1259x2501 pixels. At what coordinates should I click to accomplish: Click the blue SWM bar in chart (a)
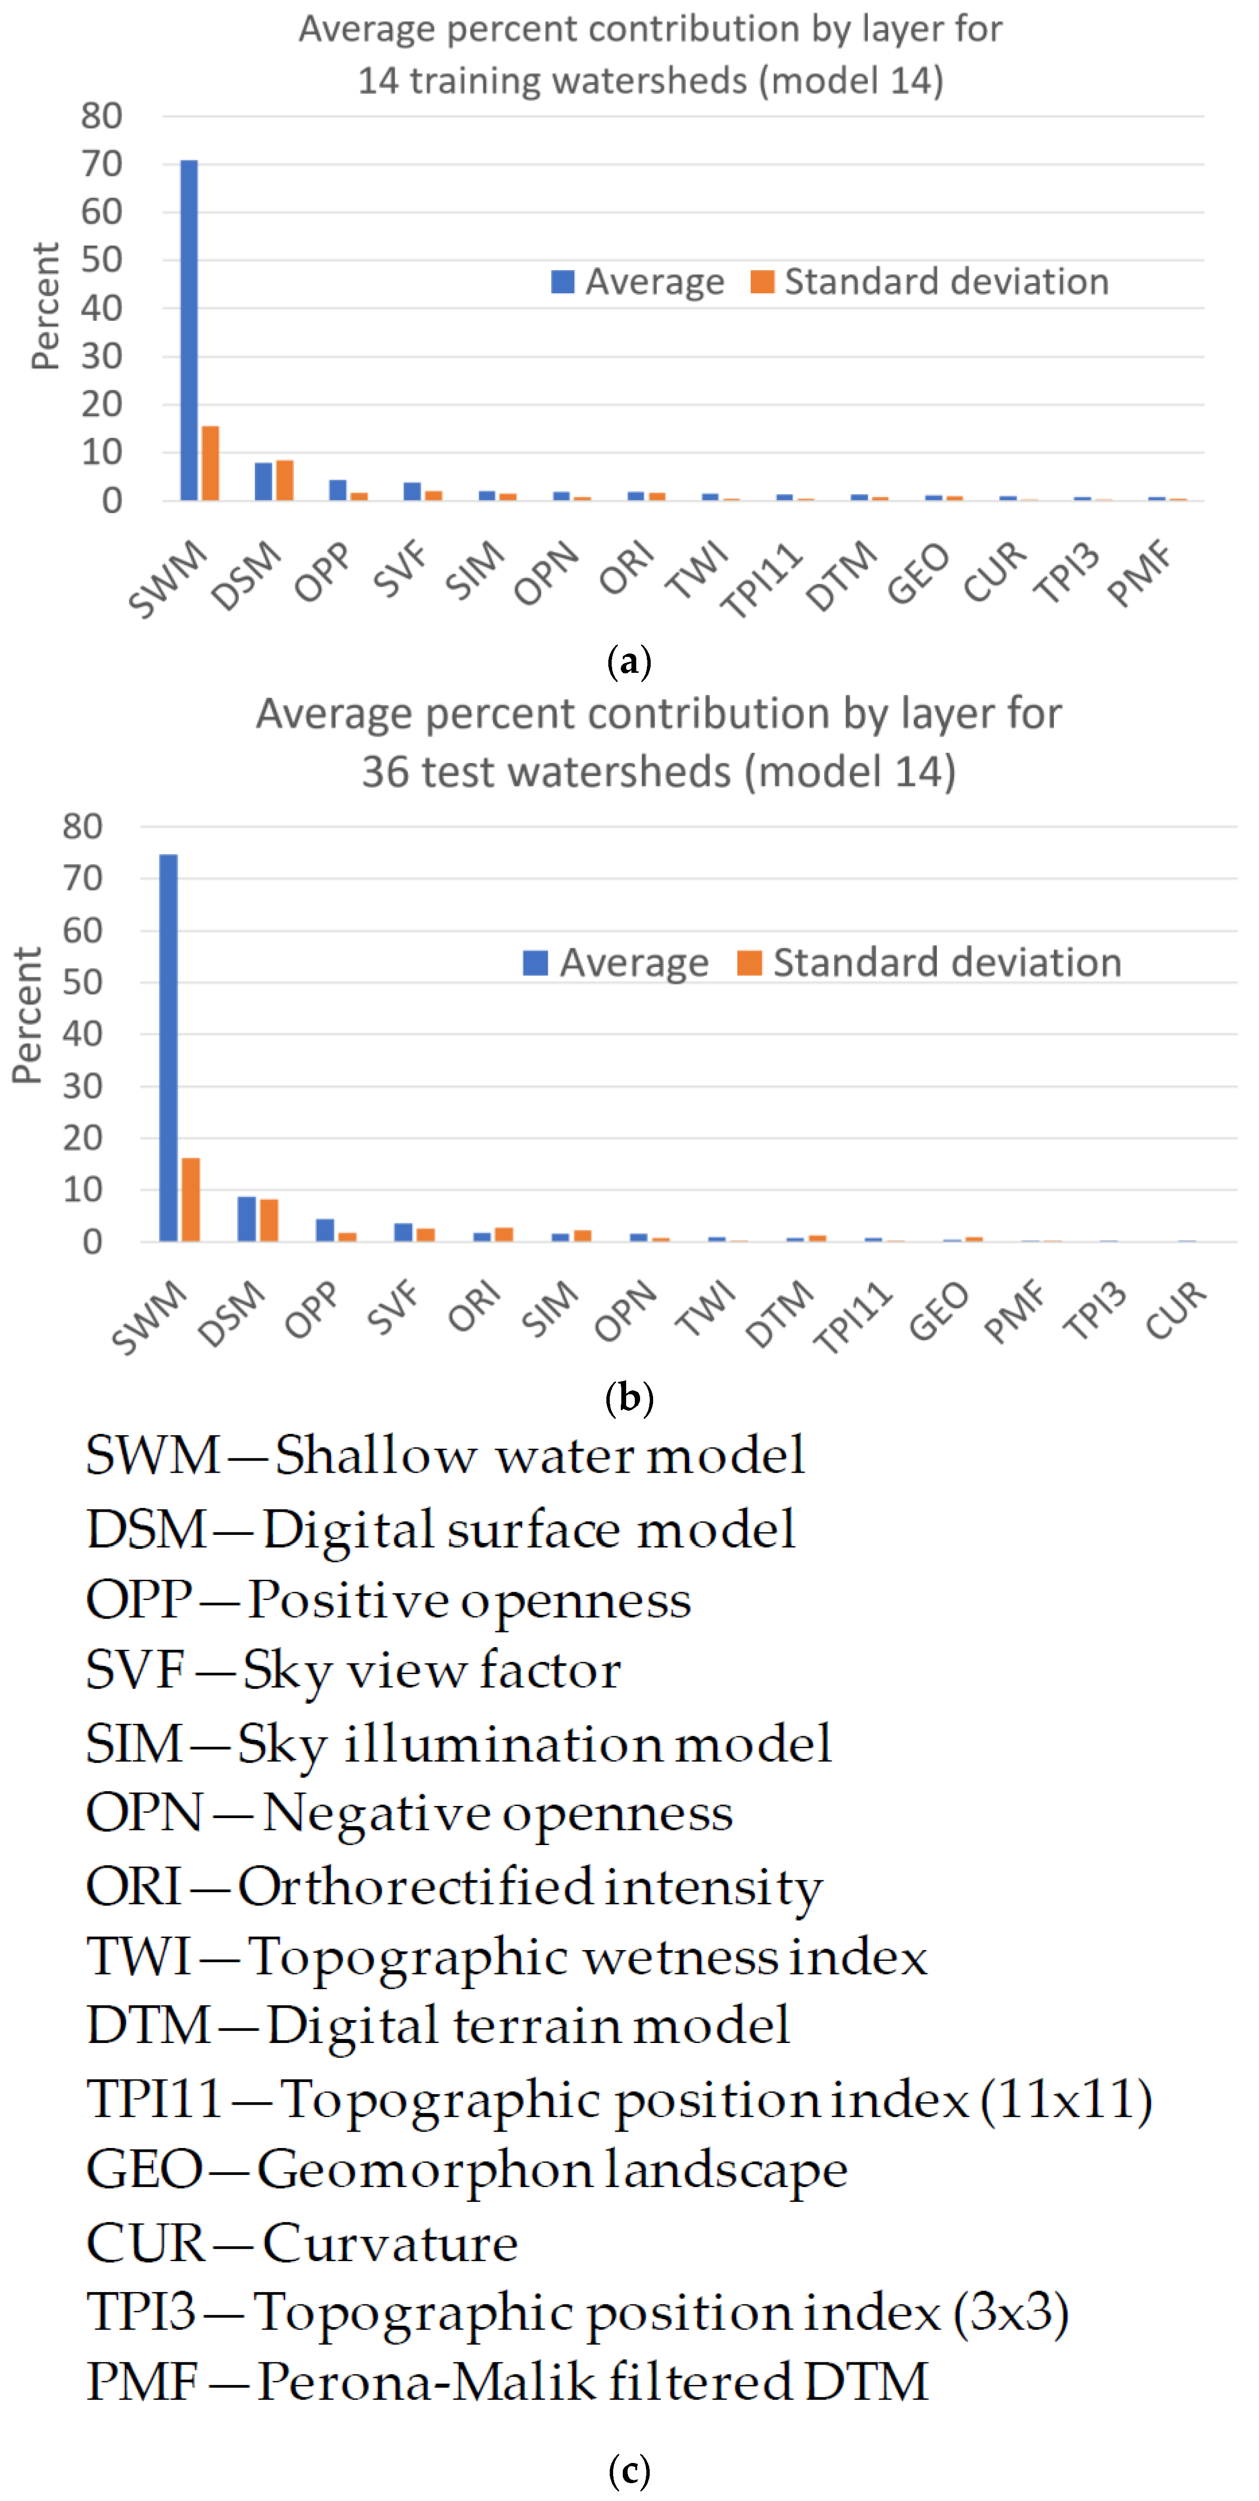[x=188, y=330]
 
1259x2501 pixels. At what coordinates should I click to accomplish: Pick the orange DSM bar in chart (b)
[x=269, y=1220]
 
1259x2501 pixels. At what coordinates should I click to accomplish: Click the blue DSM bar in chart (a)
[x=263, y=482]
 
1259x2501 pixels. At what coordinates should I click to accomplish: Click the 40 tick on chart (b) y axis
[x=82, y=1034]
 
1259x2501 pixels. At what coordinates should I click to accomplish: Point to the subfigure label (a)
[x=628, y=662]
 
